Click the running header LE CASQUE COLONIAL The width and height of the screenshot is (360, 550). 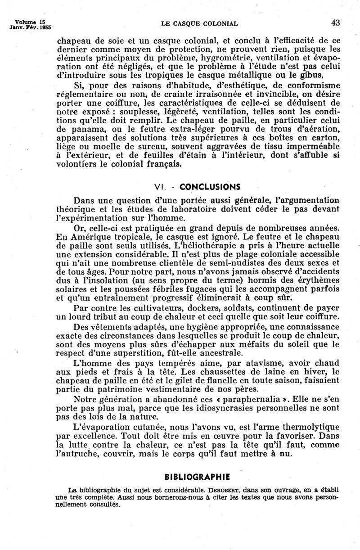(x=199, y=23)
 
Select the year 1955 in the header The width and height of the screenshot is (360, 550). (x=43, y=27)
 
